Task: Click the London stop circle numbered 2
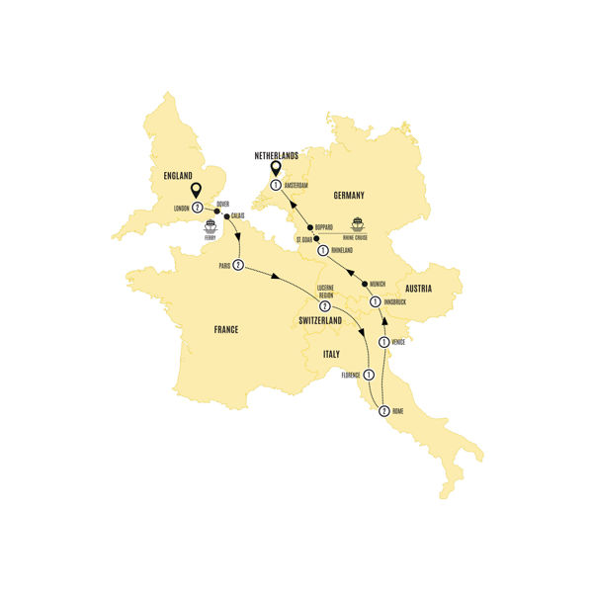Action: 197,208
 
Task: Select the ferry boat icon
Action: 211,226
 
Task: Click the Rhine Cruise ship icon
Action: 358,224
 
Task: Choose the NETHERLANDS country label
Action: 269,155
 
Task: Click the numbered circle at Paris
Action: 238,265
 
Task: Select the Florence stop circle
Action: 368,375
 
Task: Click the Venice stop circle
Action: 381,343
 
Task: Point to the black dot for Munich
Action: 365,284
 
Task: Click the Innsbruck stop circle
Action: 375,300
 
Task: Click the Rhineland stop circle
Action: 322,251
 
